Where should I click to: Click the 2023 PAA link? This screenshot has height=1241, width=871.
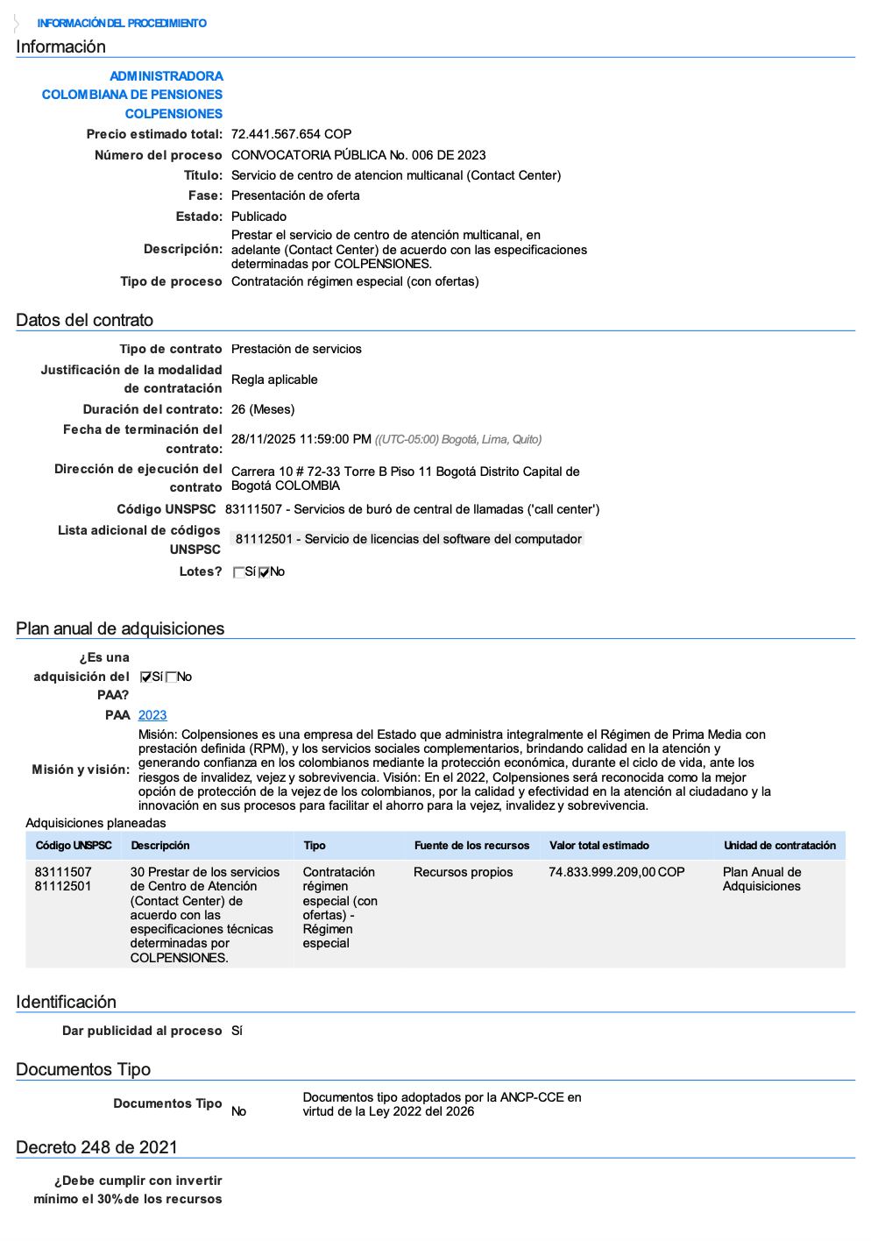point(152,715)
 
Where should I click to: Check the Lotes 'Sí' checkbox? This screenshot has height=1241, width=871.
point(239,573)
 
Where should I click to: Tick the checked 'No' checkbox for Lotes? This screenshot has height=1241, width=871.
point(265,573)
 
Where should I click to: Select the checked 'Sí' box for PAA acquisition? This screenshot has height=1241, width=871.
point(146,677)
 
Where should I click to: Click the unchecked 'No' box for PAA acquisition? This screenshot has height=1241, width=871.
point(172,677)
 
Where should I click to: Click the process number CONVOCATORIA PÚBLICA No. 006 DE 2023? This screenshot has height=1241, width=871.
point(358,155)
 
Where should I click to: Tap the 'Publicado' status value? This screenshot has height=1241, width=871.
point(258,216)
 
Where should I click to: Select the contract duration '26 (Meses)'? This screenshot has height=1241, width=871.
point(263,409)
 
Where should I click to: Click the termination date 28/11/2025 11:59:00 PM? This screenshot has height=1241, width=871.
point(301,439)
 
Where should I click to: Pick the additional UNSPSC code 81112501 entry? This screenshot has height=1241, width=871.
point(408,539)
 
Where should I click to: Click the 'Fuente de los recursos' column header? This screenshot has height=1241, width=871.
point(471,846)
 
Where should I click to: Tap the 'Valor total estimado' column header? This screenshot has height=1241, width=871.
point(599,846)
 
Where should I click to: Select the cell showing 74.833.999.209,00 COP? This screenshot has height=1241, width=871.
point(617,872)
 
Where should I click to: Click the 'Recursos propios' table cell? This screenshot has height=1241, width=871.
point(464,872)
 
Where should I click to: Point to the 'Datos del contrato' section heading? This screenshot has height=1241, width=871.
point(84,320)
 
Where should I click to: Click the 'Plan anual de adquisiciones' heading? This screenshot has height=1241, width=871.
point(120,628)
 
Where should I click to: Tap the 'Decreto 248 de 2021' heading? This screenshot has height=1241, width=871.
point(96,1147)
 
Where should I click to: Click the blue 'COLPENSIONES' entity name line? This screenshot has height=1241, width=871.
point(173,114)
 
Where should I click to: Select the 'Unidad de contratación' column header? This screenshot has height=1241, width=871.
point(780,846)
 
